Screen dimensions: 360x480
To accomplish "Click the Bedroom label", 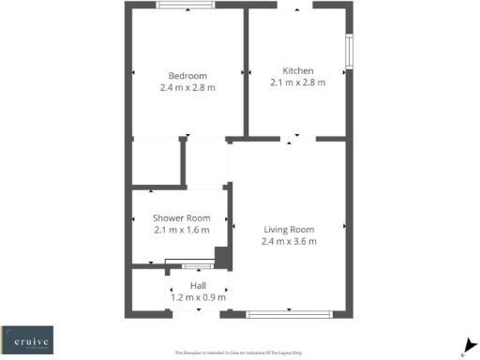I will click(187, 76).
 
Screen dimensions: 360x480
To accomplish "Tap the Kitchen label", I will click(298, 70).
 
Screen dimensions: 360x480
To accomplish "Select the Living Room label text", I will click(289, 229).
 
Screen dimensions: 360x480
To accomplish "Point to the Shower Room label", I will click(182, 217).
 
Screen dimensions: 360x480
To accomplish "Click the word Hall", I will click(198, 285).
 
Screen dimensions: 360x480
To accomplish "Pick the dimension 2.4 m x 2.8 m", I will click(187, 88).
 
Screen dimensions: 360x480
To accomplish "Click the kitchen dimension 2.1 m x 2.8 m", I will click(298, 82).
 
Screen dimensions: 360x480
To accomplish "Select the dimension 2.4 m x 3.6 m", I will click(289, 241).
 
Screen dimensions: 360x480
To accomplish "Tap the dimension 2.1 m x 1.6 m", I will click(182, 230).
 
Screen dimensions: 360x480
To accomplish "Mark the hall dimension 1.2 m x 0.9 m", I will click(198, 296).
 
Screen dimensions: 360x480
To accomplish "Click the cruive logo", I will click(27, 338).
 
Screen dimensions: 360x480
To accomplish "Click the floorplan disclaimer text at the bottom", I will click(239, 352).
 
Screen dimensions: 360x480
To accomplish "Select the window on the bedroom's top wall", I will click(184, 6).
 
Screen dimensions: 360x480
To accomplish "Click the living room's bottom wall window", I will click(293, 312).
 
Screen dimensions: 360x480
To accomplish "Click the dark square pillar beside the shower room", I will click(222, 257).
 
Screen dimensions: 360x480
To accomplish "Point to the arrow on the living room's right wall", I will click(344, 226).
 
